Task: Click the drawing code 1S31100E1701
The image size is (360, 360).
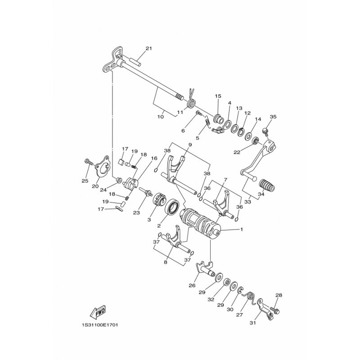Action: (100, 325)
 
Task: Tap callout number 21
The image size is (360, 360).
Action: (149, 49)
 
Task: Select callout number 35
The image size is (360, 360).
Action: (273, 117)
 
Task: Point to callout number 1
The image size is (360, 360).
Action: (241, 229)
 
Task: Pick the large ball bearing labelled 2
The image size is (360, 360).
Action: (173, 208)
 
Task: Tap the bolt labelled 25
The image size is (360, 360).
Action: (89, 162)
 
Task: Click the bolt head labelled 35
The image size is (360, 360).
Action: (265, 131)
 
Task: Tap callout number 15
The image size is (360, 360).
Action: (218, 96)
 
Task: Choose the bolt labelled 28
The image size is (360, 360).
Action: (275, 310)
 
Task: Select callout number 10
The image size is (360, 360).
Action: (161, 117)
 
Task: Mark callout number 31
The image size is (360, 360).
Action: (252, 323)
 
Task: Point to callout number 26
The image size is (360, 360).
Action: (192, 285)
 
